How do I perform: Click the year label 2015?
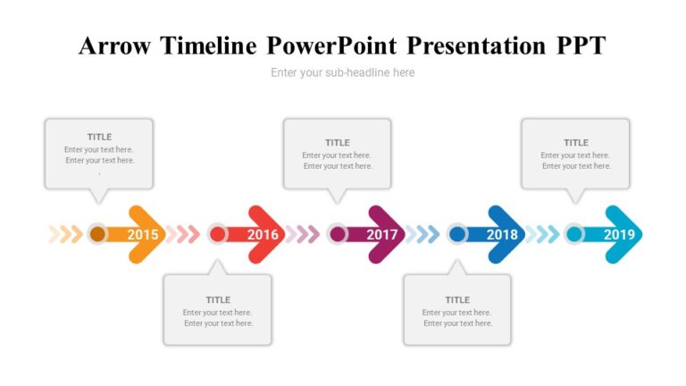(143, 235)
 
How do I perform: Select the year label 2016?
(263, 235)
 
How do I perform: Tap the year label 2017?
(381, 235)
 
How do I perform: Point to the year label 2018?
(502, 235)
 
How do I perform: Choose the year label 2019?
(619, 235)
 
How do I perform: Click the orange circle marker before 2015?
(97, 234)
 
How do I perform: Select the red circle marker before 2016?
(217, 234)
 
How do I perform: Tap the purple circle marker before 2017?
(337, 234)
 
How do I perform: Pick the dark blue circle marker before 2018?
(456, 234)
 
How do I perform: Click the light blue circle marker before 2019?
(574, 234)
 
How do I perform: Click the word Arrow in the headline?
(115, 46)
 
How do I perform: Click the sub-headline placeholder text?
(342, 72)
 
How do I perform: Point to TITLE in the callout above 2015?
(99, 137)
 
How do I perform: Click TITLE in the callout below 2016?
(218, 299)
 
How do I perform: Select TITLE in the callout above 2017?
(338, 142)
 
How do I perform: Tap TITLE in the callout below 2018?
(457, 299)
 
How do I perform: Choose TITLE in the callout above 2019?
(576, 142)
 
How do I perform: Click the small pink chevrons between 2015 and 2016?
(182, 234)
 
